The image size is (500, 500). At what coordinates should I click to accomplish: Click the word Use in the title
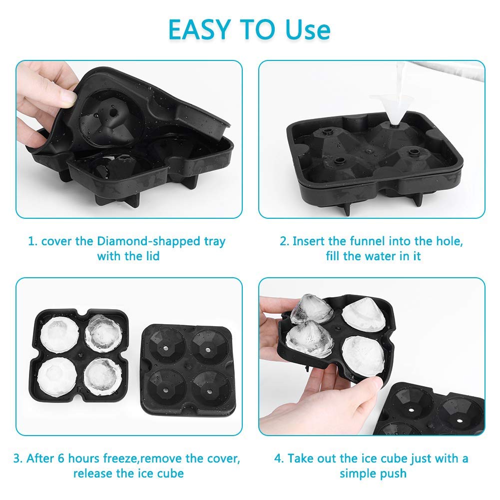[x=307, y=29]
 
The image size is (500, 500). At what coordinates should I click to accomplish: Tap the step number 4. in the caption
[x=279, y=458]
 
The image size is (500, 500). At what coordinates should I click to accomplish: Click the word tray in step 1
[x=212, y=241]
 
